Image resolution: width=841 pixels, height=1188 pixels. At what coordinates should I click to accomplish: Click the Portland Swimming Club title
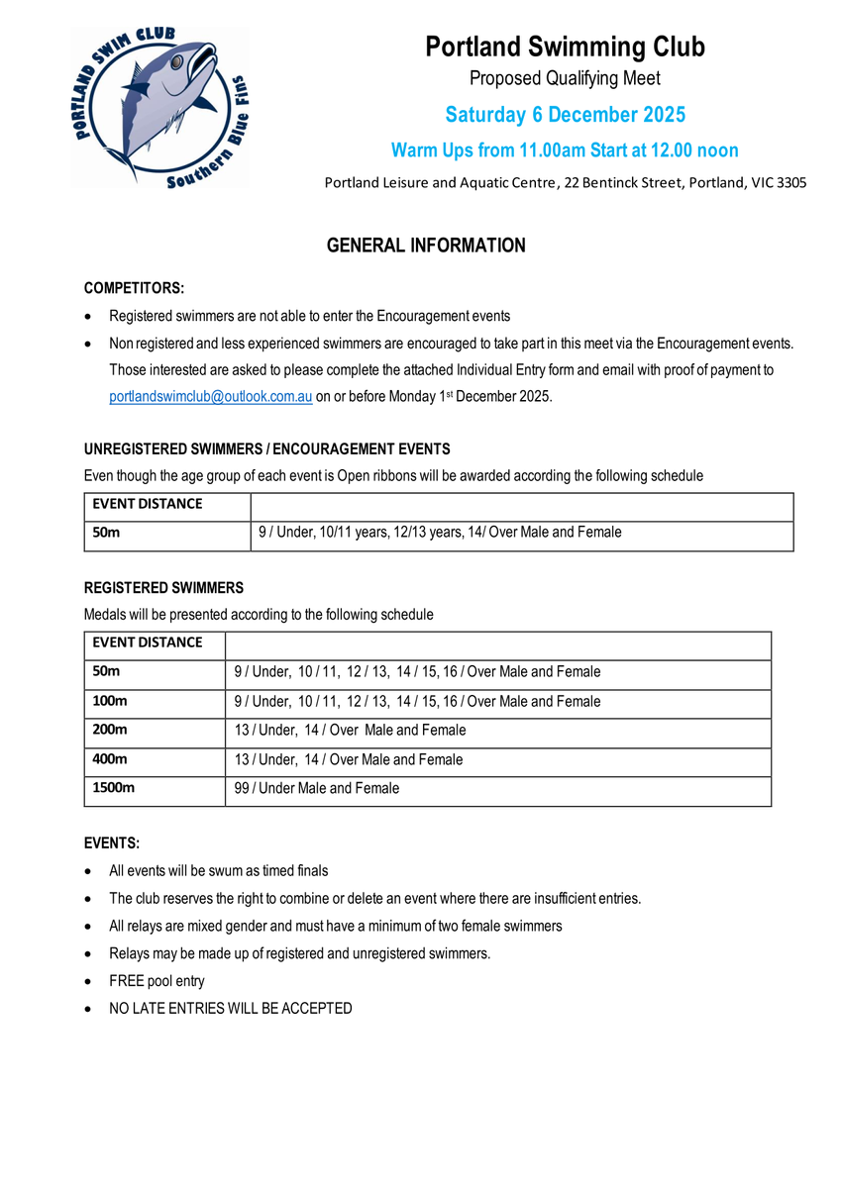click(x=565, y=47)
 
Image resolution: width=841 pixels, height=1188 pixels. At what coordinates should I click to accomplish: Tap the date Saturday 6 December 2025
click(x=565, y=115)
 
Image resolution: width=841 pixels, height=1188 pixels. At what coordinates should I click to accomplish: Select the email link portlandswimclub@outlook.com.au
click(x=211, y=397)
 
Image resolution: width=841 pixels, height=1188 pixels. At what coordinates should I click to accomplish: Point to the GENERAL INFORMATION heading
click(x=426, y=246)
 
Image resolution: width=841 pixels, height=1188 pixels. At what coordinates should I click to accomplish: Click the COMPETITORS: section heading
click(x=134, y=288)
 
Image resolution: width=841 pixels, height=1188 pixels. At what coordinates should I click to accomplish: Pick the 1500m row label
click(x=113, y=789)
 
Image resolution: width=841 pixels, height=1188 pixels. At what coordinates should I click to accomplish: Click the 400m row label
click(x=110, y=759)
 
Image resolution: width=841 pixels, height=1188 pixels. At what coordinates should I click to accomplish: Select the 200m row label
click(x=110, y=731)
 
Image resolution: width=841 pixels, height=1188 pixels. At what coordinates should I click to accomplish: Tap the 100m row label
click(x=110, y=701)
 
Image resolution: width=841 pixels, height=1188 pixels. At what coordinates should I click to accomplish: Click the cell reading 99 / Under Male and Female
click(x=317, y=789)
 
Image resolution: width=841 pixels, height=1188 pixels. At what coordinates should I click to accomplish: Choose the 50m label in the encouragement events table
click(x=106, y=533)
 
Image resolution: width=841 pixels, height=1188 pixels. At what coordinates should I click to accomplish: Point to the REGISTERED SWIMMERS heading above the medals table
click(x=163, y=588)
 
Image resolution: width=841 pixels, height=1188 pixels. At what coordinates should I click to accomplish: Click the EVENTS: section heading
click(x=112, y=843)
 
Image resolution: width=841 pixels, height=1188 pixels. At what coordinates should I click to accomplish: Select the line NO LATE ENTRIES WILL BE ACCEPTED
click(x=230, y=1009)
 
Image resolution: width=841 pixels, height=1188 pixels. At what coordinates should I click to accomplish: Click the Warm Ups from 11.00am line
click(x=565, y=150)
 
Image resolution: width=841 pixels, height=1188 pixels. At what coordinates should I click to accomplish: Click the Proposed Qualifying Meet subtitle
click(x=565, y=78)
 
